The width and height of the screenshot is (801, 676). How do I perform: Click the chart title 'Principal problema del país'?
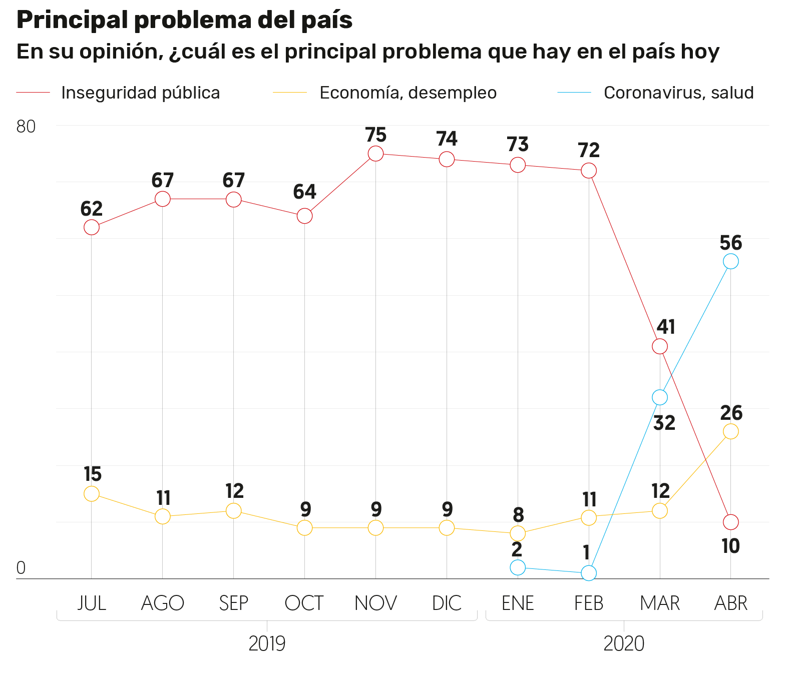coord(184,20)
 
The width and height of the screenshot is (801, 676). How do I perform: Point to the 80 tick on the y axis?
coord(26,127)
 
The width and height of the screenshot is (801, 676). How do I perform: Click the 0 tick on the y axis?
coord(21,567)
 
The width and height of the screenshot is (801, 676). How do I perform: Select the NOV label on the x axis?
coord(375,603)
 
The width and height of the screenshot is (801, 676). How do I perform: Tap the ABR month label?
coord(730,603)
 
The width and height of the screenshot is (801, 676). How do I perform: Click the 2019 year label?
coord(267,643)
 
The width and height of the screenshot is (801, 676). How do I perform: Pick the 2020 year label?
coord(624,643)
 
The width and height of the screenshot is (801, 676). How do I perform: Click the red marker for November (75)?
coord(375,154)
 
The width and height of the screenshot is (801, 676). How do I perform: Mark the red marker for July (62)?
coord(92,227)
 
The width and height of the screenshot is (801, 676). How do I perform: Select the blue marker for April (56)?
coord(730,261)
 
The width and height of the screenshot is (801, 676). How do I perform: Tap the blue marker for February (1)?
coord(589,573)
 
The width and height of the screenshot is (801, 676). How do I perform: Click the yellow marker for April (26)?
coord(730,431)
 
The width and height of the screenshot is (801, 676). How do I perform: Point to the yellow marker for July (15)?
coord(92,493)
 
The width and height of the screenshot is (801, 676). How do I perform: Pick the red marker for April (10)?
coord(730,522)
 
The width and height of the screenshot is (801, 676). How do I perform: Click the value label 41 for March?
coord(666,327)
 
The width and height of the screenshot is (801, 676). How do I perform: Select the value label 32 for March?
coord(664,423)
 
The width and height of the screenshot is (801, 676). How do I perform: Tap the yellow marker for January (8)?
coord(518,533)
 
